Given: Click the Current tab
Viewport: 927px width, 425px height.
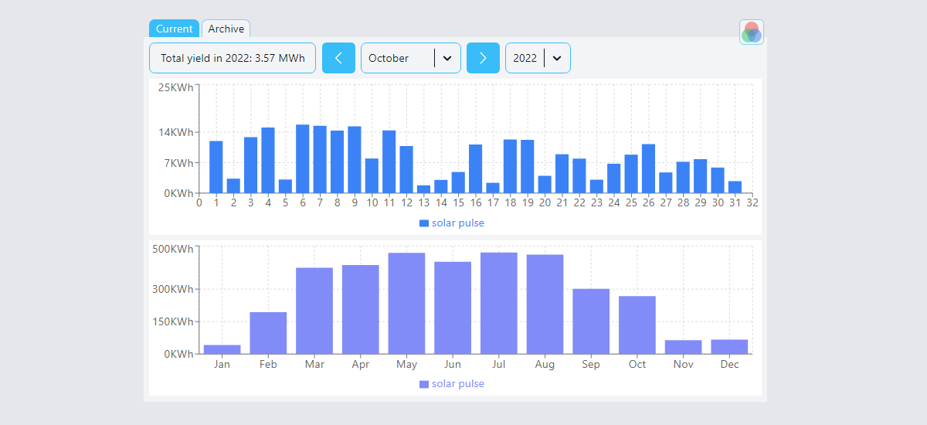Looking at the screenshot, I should point(174,29).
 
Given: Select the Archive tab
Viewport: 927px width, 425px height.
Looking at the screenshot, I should point(226,29).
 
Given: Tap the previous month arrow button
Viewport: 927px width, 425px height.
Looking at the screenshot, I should point(338,58).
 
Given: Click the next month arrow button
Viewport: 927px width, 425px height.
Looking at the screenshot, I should point(483,58).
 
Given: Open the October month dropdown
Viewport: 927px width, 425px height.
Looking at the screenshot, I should point(410,58).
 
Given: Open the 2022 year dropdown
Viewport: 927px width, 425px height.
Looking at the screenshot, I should point(538,58).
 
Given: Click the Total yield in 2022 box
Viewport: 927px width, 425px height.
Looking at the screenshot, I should point(233,58).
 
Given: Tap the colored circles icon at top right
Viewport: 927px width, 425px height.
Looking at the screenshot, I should point(751,32).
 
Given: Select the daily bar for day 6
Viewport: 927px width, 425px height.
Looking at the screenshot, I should point(303,158).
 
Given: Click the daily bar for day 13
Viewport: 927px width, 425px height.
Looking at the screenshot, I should point(423,189).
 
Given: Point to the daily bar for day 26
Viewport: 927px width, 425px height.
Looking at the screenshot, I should point(648,168).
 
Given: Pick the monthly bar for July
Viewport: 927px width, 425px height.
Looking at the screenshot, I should point(499,303).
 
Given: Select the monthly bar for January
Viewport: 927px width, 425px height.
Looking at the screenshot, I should point(222,349).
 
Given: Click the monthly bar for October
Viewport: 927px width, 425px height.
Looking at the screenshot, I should point(637,325).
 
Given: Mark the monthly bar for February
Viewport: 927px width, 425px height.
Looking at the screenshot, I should point(268,333).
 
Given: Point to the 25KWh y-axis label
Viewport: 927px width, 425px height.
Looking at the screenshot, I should point(175,87).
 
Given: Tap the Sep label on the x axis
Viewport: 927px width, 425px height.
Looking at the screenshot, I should point(591,365).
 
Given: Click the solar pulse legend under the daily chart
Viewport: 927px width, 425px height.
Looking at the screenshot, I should point(452,223).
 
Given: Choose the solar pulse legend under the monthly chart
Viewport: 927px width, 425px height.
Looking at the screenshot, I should point(452,384).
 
